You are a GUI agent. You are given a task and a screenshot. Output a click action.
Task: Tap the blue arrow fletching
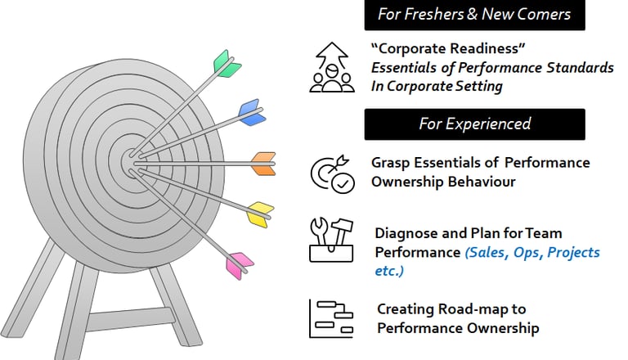click(250, 112)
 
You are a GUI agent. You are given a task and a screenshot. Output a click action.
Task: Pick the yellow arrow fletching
click(258, 214)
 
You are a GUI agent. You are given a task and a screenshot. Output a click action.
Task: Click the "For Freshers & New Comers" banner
click(474, 15)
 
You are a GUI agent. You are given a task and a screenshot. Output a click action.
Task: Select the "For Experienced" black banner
click(474, 124)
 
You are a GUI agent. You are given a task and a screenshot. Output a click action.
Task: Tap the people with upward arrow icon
click(331, 69)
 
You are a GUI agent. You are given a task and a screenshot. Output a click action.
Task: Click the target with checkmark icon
click(331, 173)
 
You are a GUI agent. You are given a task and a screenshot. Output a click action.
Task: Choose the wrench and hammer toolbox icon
click(331, 241)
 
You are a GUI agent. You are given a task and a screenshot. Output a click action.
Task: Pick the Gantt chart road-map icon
click(331, 318)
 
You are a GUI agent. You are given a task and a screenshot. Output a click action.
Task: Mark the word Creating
click(405, 309)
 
